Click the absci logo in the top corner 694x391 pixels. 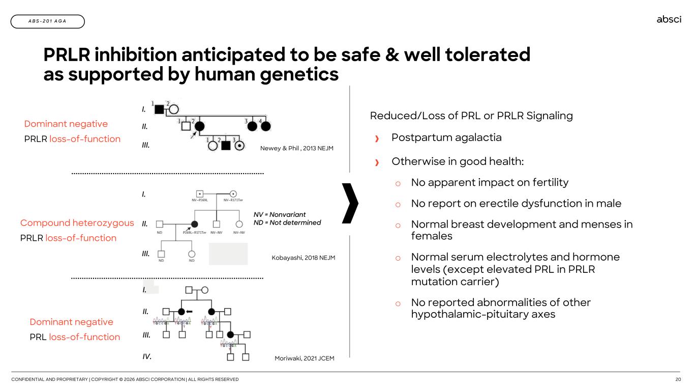pos(669,19)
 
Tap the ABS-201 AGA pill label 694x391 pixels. pos(47,21)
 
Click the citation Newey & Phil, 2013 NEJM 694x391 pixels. pos(297,148)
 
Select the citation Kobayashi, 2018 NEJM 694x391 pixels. pos(304,258)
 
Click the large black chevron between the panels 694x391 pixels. pos(351,204)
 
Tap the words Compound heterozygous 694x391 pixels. pos(77,223)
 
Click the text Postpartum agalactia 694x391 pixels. pos(446,137)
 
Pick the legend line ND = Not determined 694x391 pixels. pos(287,222)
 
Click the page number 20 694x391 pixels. pos(678,379)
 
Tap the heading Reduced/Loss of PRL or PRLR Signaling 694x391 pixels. pos(471,116)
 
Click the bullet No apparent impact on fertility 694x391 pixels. pos(490,182)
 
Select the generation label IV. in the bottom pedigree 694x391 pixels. pos(147,356)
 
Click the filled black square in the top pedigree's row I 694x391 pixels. pos(159,109)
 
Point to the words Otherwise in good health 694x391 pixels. pos(457,161)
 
